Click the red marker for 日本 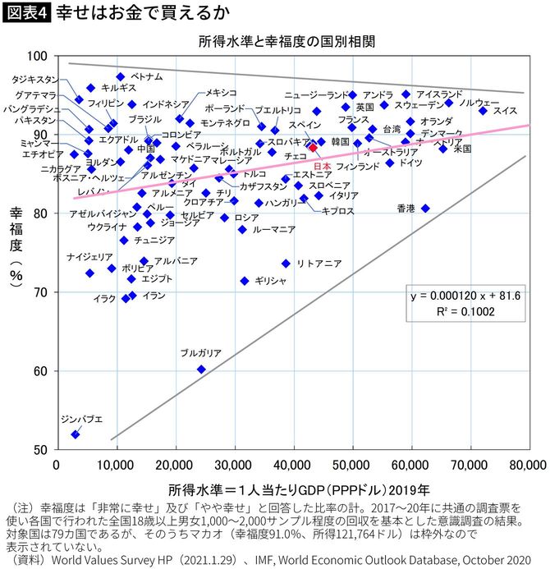tap(313, 147)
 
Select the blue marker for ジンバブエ tap(76, 434)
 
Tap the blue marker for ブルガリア tap(201, 369)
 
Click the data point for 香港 tap(425, 209)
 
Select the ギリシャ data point tap(244, 281)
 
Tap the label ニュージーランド tap(317, 94)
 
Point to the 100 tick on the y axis tap(39, 56)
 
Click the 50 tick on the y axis tap(42, 450)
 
